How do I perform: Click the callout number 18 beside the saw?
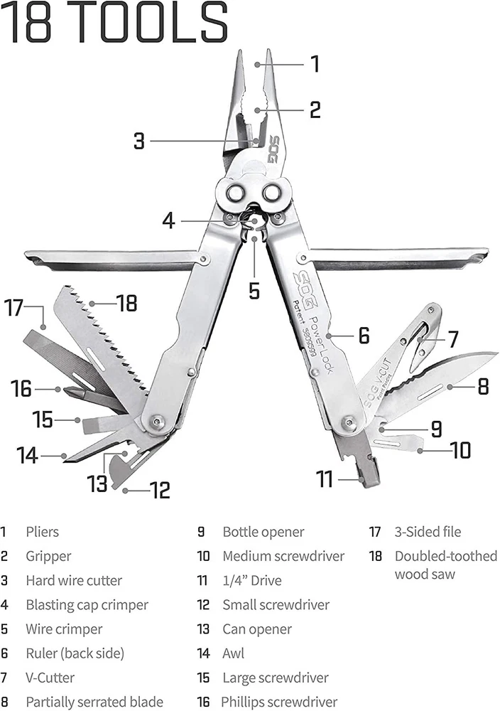pyautogui.click(x=127, y=303)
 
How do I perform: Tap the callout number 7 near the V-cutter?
pyautogui.click(x=453, y=338)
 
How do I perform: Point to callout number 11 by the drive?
pyautogui.click(x=325, y=479)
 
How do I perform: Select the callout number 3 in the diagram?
pyautogui.click(x=139, y=141)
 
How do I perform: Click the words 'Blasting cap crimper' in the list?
pyautogui.click(x=87, y=605)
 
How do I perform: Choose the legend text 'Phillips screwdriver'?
pyautogui.click(x=279, y=702)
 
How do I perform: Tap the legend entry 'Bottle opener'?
pyautogui.click(x=263, y=532)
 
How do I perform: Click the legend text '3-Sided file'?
pyautogui.click(x=428, y=531)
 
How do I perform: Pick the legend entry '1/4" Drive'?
pyautogui.click(x=252, y=580)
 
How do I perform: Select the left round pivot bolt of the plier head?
pyautogui.click(x=235, y=193)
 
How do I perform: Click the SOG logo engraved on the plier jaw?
pyautogui.click(x=273, y=149)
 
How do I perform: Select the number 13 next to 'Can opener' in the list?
pyautogui.click(x=203, y=629)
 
